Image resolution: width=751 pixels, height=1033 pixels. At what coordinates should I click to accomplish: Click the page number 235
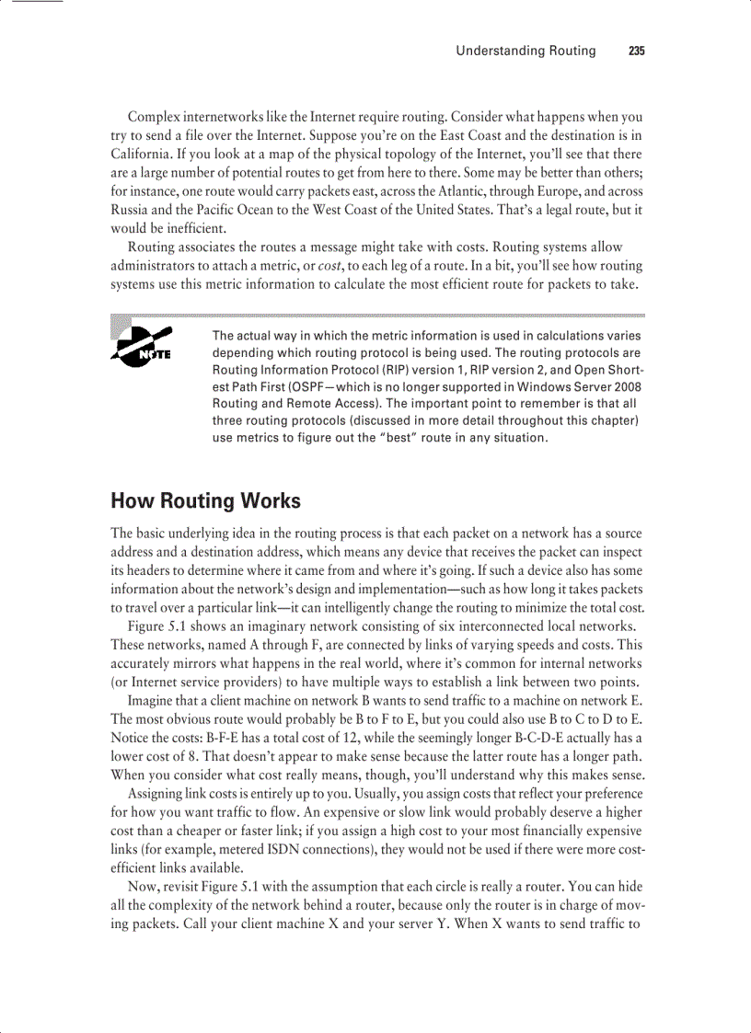[636, 51]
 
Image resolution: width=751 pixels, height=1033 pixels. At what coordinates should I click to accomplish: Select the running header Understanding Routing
[526, 51]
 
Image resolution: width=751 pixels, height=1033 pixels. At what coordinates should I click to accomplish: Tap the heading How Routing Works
[205, 501]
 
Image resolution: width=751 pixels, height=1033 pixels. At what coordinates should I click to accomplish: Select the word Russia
[131, 210]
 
